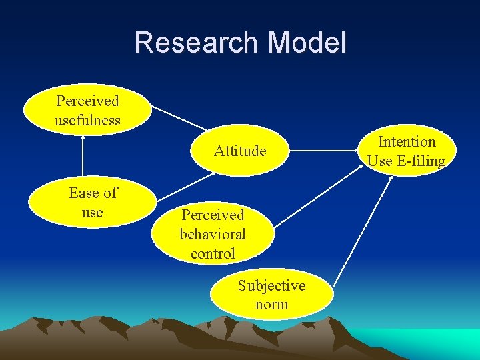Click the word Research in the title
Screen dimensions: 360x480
[195, 43]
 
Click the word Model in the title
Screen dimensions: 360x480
[306, 43]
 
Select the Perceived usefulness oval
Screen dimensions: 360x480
[87, 111]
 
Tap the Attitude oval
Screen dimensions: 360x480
[240, 151]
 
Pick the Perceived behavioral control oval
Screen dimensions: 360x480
[213, 234]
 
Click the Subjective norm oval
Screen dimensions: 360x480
[271, 295]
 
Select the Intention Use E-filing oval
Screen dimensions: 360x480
[406, 151]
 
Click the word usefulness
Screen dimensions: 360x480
[87, 121]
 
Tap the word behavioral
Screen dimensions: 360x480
[213, 234]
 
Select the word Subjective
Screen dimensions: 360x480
[271, 285]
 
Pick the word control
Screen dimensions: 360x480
[213, 253]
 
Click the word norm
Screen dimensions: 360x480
[271, 305]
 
